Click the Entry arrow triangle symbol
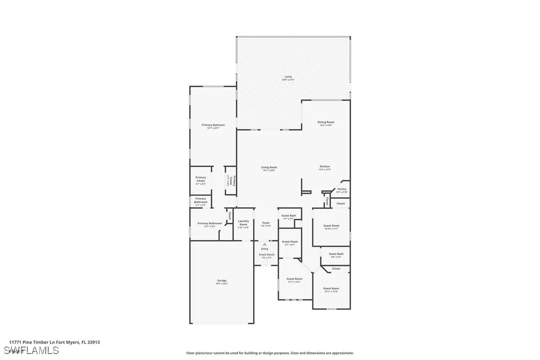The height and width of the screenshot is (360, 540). [265, 244]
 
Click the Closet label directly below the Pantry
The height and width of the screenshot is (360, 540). [341, 203]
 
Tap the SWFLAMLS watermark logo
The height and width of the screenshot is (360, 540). [30, 351]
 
